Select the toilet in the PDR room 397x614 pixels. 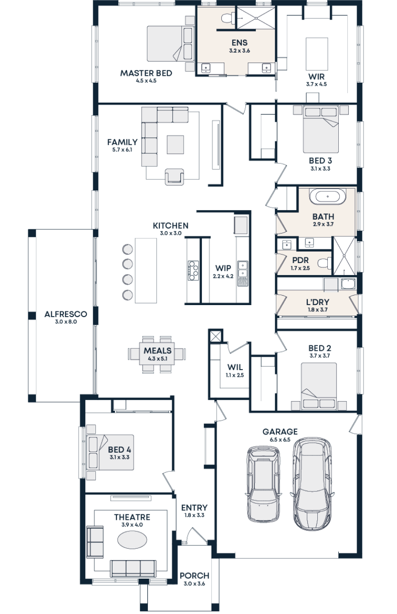326,262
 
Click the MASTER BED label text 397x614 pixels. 146,74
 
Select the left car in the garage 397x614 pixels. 263,483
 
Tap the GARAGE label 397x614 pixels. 280,432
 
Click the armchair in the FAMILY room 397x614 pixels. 174,177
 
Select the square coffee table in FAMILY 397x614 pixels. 175,145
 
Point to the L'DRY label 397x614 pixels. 317,302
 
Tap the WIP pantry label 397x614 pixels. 222,268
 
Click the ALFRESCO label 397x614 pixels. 65,314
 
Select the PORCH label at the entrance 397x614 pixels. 194,576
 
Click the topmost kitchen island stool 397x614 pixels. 127,249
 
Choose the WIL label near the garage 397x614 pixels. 234,368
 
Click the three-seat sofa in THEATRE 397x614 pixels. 133,568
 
